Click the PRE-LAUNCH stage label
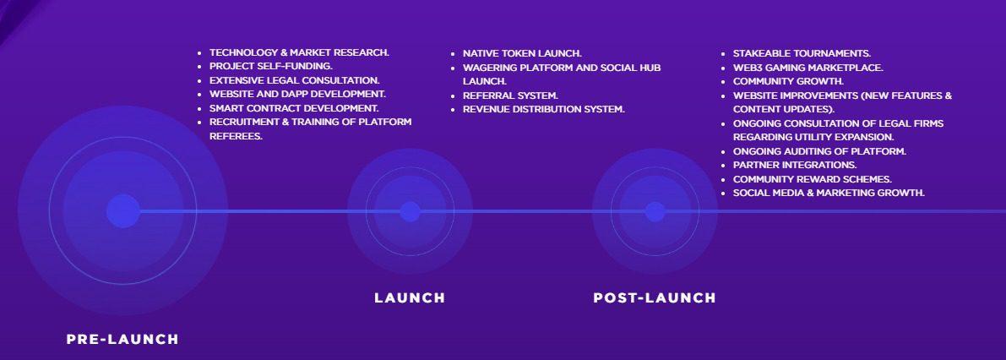click(122, 340)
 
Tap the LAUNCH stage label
click(410, 297)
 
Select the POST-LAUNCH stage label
click(655, 297)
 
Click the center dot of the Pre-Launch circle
click(123, 211)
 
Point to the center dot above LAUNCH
click(410, 212)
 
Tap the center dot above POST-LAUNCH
click(655, 212)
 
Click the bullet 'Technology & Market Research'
click(299, 52)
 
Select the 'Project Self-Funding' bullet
click(271, 66)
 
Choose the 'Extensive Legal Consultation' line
click(295, 80)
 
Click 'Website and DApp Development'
click(297, 94)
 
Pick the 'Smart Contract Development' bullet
click(294, 108)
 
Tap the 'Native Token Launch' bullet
click(522, 53)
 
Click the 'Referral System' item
click(511, 95)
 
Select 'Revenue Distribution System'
click(543, 109)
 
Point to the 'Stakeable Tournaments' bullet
click(802, 53)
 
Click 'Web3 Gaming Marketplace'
click(808, 68)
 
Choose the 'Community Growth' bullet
click(789, 81)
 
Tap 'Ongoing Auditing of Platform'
click(819, 151)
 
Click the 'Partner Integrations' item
click(795, 165)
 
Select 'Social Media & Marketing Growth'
click(829, 193)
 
